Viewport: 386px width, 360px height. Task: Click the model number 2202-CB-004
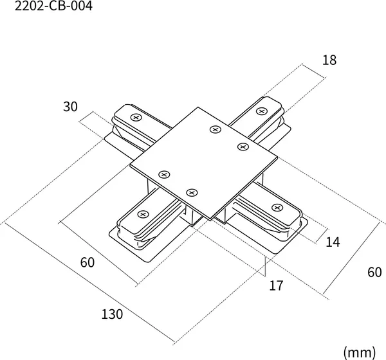point(53,6)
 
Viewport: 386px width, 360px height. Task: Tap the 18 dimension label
point(329,60)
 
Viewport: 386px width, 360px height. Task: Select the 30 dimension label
point(70,107)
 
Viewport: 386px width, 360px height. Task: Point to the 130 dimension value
point(112,314)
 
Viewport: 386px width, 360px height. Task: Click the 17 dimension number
point(276,285)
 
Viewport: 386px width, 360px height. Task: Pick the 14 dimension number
point(333,242)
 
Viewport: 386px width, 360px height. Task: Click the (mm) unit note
point(360,352)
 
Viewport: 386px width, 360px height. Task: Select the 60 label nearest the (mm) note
point(374,273)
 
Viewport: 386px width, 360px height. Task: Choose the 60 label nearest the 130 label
point(87,262)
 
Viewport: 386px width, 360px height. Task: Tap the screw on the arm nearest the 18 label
point(261,111)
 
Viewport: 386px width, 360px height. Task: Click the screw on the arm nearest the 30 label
point(136,118)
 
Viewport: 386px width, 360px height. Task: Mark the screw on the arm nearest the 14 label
point(277,208)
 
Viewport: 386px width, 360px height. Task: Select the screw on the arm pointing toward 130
point(143,214)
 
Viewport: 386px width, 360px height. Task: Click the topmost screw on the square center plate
point(216,129)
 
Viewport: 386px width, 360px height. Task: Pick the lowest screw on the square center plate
point(192,193)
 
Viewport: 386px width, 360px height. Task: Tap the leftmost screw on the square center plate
point(164,175)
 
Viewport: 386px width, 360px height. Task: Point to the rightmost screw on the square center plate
point(243,147)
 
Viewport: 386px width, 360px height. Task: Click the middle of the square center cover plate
point(204,163)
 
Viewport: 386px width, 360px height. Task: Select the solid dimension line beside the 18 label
point(314,71)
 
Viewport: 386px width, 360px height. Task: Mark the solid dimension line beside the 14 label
point(322,236)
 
